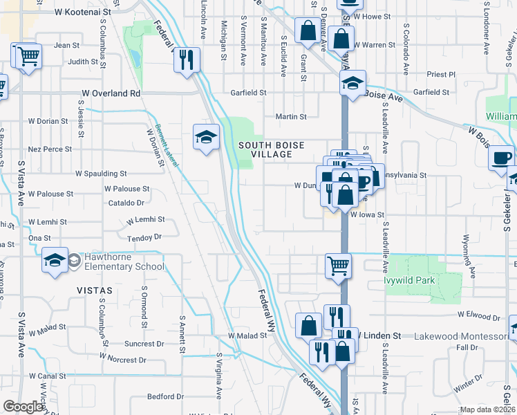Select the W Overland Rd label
tap(111, 93)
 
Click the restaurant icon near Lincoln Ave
tap(187, 59)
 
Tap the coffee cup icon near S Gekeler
tap(501, 158)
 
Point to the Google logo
tap(23, 407)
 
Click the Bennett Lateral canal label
tap(167, 145)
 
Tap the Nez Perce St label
tap(50, 149)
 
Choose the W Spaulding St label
tap(101, 174)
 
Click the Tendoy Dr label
tap(144, 237)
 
